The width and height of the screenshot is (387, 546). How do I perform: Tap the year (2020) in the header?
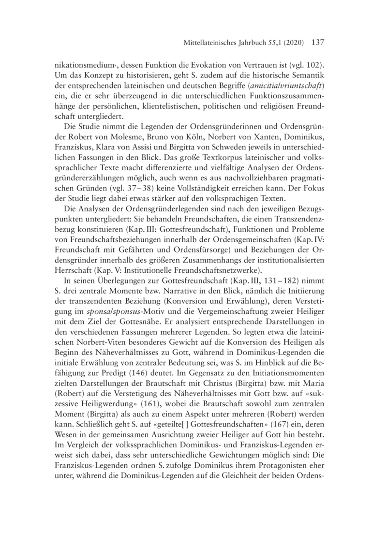point(292,43)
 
